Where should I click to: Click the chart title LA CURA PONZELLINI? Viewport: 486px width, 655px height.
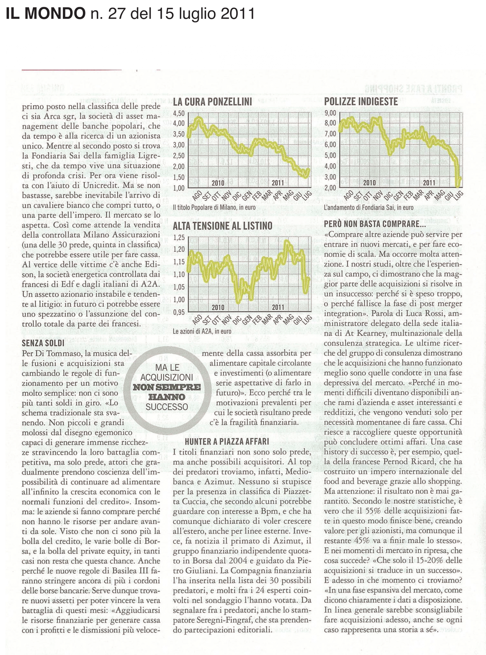212,102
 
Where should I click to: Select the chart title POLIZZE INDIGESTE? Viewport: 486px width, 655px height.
361,102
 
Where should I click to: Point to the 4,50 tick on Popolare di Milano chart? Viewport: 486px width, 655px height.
179,113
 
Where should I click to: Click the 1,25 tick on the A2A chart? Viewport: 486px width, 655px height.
179,237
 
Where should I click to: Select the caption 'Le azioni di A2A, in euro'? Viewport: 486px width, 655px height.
202,331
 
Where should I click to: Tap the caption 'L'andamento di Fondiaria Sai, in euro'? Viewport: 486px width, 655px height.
369,208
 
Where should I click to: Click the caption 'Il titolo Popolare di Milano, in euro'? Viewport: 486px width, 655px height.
214,208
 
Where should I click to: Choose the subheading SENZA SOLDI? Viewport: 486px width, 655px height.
43,343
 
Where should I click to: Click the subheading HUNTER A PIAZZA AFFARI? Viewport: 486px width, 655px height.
227,441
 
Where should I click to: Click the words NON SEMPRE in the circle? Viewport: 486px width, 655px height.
167,387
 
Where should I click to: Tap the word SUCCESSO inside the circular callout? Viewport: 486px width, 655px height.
167,407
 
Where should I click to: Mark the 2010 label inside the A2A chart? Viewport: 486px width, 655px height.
218,308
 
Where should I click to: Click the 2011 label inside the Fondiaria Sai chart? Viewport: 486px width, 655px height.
429,182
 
